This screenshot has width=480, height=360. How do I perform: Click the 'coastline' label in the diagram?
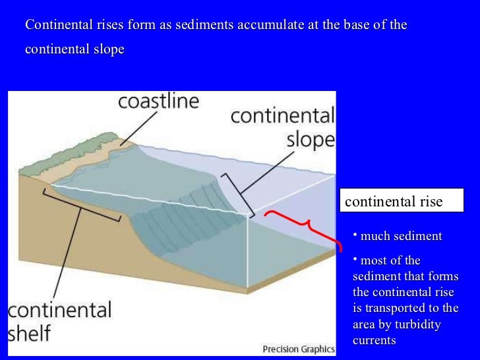[158, 102]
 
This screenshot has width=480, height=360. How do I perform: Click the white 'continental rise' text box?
[402, 201]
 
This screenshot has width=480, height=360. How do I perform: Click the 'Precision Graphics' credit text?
[298, 349]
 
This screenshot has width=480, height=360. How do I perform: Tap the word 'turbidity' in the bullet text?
[417, 324]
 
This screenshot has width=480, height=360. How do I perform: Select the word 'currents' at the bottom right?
[375, 340]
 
